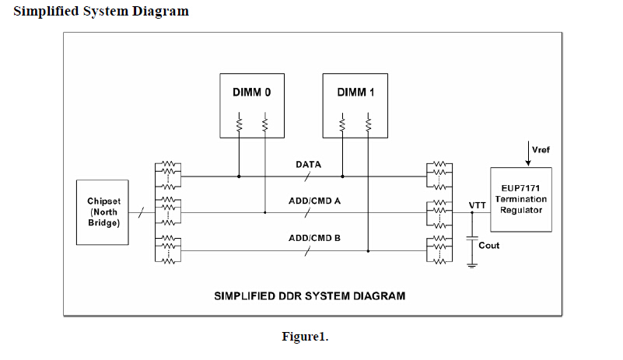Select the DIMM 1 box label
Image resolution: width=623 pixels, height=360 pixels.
(x=355, y=92)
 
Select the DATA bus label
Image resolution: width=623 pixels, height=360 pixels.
(x=309, y=165)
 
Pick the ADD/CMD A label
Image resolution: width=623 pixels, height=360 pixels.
(x=314, y=201)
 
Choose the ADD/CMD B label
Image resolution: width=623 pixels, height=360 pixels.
(x=314, y=237)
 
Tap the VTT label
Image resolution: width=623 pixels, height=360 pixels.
(x=478, y=205)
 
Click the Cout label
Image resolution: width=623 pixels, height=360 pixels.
(x=489, y=246)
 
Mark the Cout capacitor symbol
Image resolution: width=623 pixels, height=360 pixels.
(x=472, y=240)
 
